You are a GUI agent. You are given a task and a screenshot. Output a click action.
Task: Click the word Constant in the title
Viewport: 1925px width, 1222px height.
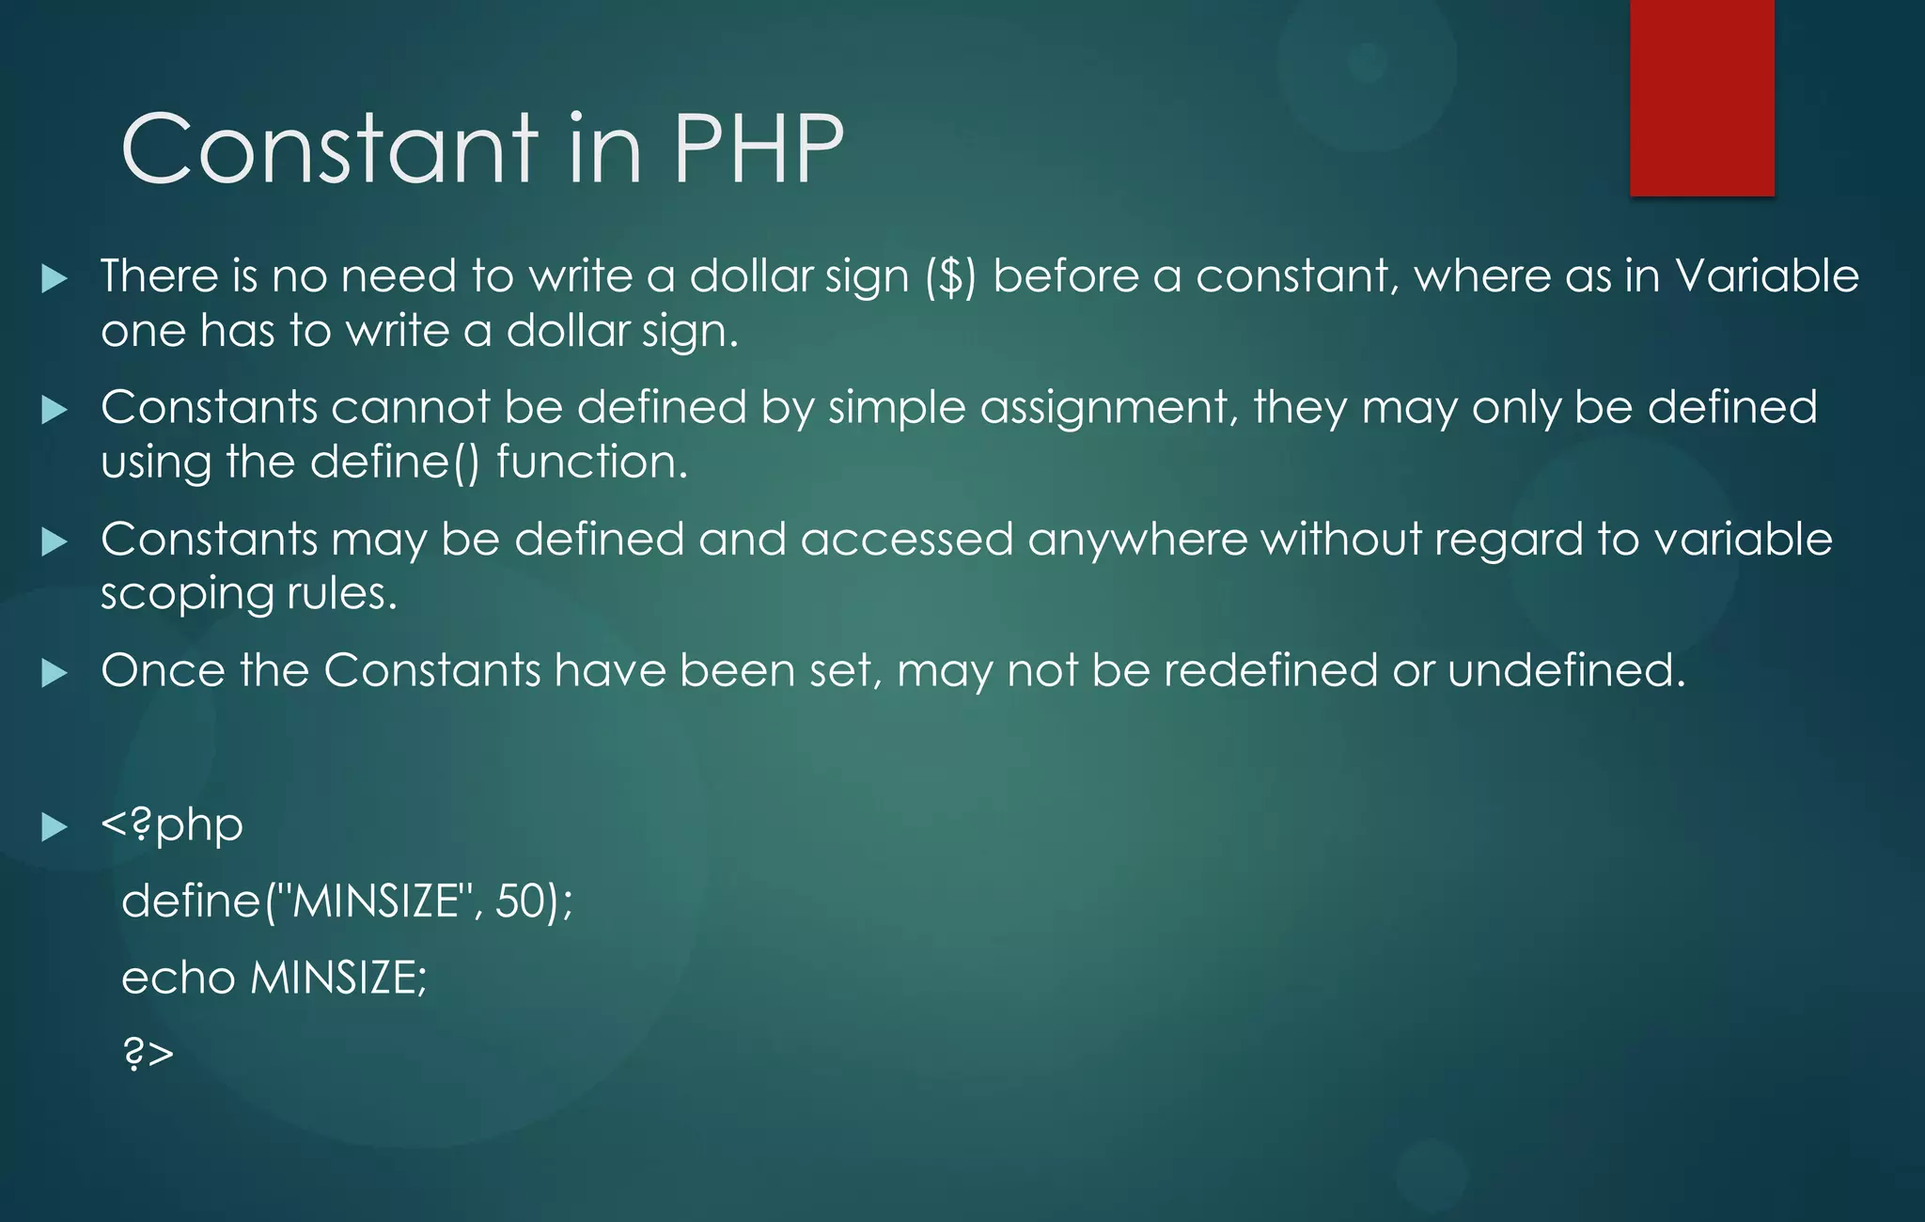tap(330, 149)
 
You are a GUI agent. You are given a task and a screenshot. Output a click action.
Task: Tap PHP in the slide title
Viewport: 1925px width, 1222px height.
tap(758, 149)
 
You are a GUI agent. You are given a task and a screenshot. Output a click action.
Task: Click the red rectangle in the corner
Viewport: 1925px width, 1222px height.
tap(1701, 98)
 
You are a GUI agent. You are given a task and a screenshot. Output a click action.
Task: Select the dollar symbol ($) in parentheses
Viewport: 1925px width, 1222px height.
tap(951, 277)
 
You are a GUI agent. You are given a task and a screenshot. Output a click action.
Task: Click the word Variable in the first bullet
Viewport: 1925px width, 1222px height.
tap(1767, 276)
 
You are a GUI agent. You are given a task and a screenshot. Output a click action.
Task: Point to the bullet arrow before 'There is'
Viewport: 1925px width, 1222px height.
tap(55, 278)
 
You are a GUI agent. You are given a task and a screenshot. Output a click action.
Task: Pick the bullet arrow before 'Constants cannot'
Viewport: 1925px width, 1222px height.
tap(55, 410)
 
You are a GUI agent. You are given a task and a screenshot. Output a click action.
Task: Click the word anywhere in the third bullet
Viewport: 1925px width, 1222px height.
tap(1137, 540)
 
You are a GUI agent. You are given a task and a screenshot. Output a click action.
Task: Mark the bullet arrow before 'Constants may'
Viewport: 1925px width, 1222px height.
tap(55, 541)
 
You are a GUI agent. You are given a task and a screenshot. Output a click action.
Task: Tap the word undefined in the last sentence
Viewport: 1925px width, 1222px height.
tap(1566, 671)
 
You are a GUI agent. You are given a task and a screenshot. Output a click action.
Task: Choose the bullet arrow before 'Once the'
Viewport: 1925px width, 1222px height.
tap(55, 673)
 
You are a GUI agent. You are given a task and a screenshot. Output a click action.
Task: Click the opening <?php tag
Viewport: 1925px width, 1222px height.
tap(172, 825)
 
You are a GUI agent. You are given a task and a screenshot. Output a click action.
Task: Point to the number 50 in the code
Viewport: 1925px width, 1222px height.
tap(521, 901)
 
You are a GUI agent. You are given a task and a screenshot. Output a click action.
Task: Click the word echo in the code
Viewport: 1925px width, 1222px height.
tap(179, 978)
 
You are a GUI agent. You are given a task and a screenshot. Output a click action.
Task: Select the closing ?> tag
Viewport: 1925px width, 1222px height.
tap(149, 1053)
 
